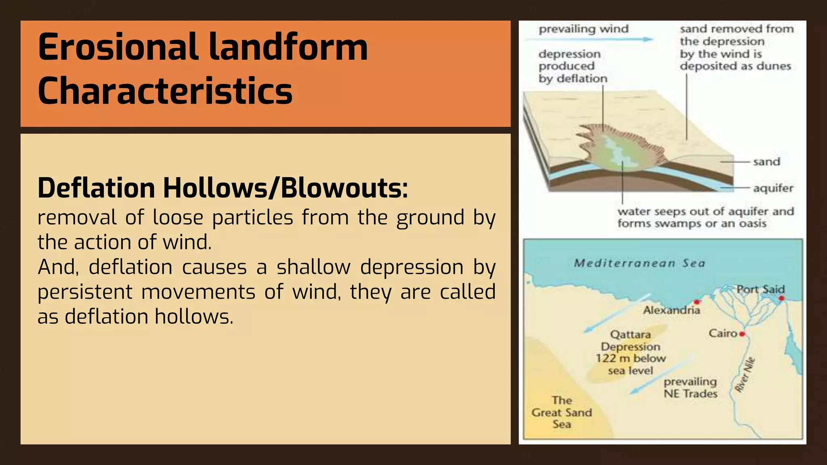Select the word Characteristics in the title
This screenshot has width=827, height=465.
[165, 91]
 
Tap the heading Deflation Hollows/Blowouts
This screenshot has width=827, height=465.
[222, 189]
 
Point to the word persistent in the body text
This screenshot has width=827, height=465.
[85, 292]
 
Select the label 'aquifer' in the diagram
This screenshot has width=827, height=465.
[773, 188]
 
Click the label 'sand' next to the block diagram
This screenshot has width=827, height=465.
[766, 162]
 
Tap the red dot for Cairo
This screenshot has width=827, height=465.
[742, 334]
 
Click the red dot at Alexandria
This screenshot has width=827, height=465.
[697, 302]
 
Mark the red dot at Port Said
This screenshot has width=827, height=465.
[781, 298]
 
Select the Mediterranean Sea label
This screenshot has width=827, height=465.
[639, 264]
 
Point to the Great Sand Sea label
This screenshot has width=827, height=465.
[562, 412]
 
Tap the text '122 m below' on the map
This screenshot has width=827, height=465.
[630, 358]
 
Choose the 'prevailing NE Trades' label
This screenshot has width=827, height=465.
[690, 387]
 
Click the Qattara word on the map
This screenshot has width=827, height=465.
[630, 335]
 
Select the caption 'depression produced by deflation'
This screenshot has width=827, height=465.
[573, 66]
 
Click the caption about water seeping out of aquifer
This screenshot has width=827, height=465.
[705, 218]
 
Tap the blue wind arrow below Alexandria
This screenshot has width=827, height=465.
[612, 319]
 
